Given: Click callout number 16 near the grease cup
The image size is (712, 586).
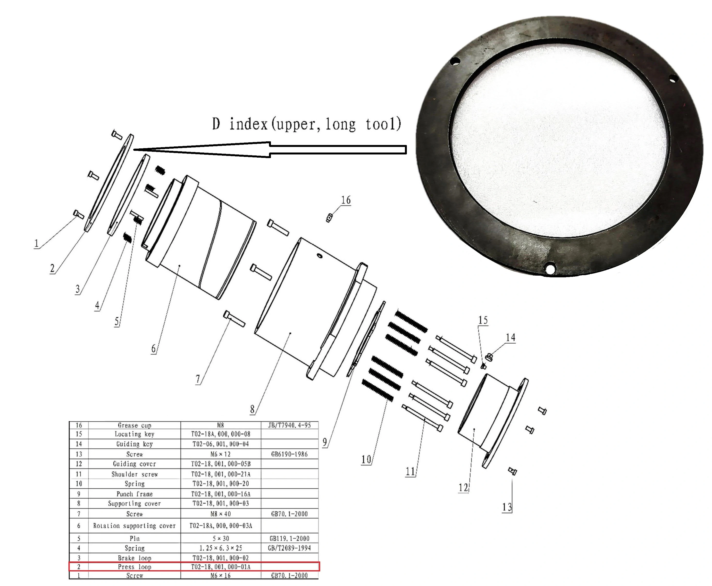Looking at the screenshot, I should click(x=345, y=200).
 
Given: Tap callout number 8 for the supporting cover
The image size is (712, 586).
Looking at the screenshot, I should click(x=252, y=409).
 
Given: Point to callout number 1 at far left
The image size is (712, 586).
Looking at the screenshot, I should click(x=36, y=243).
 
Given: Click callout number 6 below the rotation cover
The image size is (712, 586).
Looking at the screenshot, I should click(x=153, y=348).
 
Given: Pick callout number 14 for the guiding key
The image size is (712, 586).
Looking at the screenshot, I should click(x=510, y=338).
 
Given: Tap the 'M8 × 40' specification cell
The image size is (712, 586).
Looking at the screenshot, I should click(x=220, y=514).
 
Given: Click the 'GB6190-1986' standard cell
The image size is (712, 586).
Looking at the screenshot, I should click(x=289, y=454).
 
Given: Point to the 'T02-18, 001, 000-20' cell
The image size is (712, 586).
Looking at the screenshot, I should click(x=220, y=483).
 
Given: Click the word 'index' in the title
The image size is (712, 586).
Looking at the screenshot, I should click(x=248, y=124).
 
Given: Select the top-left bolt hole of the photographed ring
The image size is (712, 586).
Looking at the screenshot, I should click(x=455, y=61).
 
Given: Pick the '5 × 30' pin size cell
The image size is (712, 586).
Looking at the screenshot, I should click(x=220, y=538).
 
